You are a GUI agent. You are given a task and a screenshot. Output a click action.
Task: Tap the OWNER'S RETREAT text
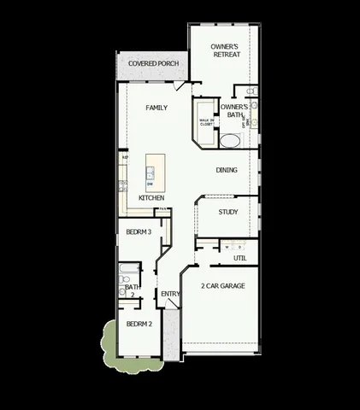226,50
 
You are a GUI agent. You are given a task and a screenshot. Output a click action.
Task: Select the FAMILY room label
156,108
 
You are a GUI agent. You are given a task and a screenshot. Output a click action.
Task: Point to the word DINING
227,170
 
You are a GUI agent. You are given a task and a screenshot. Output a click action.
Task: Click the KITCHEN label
151,198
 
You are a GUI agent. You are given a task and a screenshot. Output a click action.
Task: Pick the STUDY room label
227,212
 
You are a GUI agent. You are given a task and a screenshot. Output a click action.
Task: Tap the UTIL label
240,257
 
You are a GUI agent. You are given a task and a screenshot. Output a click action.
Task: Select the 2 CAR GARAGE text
223,285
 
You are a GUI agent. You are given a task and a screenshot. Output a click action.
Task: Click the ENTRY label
170,295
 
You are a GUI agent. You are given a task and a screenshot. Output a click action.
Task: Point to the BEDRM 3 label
139,231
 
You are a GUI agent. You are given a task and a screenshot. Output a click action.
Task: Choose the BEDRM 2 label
139,325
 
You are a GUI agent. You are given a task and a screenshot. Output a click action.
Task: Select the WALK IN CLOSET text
206,122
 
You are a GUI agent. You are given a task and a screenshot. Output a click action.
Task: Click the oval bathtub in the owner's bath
231,139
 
